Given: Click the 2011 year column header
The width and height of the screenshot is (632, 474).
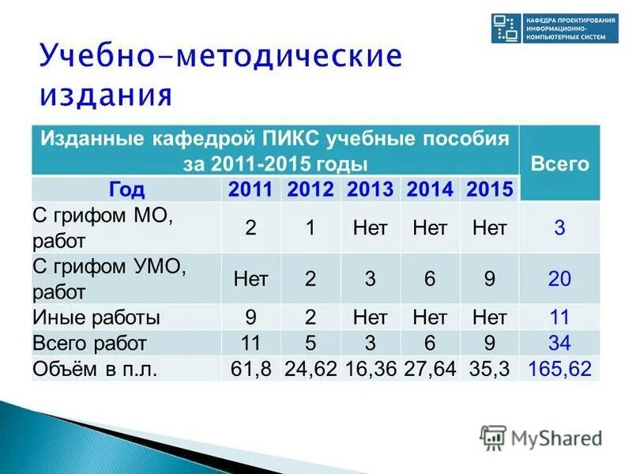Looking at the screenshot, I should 250,190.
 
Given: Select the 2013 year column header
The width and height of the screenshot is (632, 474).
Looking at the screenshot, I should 370,190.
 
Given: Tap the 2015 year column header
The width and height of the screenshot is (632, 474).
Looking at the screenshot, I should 489,190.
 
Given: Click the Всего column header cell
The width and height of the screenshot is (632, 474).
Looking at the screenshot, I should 559,164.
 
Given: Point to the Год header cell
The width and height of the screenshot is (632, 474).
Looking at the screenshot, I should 126,190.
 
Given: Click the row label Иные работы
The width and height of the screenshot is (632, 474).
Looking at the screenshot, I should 96,318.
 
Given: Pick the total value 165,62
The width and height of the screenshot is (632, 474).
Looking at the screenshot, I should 559,368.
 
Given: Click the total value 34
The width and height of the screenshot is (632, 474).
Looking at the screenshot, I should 559,343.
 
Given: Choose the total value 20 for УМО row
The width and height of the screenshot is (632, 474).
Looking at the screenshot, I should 559,279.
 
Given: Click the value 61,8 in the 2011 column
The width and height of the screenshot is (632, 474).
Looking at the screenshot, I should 250,368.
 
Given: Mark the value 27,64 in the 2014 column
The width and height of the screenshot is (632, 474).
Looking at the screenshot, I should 430,368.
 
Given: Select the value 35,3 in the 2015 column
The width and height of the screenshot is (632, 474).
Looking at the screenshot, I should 489,368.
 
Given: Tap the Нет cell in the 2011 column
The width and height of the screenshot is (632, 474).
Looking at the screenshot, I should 250,279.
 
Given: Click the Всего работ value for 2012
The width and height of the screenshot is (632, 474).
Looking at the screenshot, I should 310,343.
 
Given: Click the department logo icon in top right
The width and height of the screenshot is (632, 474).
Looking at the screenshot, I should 503,28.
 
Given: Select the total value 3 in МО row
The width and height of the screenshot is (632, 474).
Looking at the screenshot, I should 559,228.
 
